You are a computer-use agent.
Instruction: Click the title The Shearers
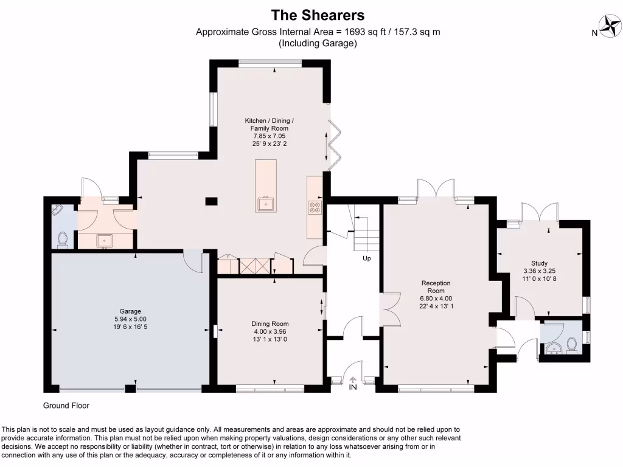pyautogui.click(x=318, y=14)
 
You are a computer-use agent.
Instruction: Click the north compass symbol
pyautogui.click(x=610, y=26)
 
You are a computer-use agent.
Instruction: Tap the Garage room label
pyautogui.click(x=126, y=319)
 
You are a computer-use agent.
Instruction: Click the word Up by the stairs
pyautogui.click(x=367, y=258)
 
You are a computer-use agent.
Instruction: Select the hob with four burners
pyautogui.click(x=315, y=207)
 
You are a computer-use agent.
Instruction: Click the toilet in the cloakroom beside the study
pyautogui.click(x=572, y=345)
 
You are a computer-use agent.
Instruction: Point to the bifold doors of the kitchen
pyautogui.click(x=332, y=144)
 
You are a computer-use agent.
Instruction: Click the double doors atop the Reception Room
pyautogui.click(x=436, y=188)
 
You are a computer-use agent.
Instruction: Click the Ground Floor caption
pyautogui.click(x=66, y=406)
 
